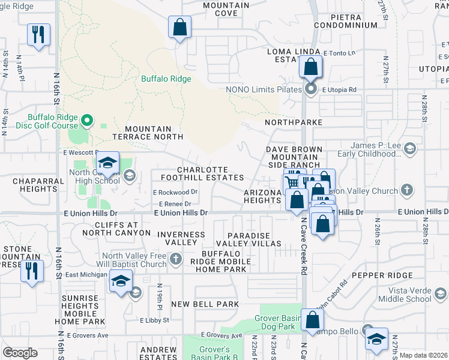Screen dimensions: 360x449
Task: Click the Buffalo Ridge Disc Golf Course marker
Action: tap(86, 121)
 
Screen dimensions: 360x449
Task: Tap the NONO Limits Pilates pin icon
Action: tap(310, 89)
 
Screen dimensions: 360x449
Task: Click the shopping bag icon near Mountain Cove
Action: tap(179, 27)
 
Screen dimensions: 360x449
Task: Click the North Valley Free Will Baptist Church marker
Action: tap(175, 260)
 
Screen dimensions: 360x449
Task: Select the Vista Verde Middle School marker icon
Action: tap(440, 295)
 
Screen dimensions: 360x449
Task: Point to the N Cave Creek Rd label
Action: tap(304, 246)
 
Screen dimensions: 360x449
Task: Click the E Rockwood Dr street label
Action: tap(175, 193)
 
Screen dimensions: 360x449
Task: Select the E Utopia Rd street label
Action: tap(339, 89)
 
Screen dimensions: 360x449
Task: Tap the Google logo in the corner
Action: tap(20, 352)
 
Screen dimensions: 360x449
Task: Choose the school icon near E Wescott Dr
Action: tap(107, 163)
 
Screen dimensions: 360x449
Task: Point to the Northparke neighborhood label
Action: tap(294, 122)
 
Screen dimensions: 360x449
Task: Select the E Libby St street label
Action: tap(155, 320)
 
